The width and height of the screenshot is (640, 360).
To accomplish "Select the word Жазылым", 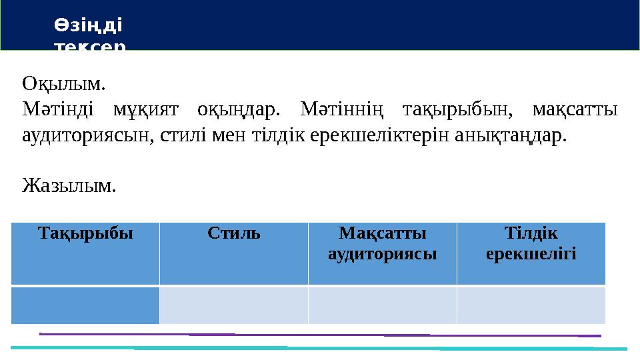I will (69, 185).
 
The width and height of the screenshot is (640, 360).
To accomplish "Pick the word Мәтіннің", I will (337, 109).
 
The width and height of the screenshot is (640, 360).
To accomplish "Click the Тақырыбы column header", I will (85, 234).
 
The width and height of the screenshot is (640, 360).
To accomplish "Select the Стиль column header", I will (233, 234).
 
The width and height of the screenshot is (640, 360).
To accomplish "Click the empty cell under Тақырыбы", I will (85, 305).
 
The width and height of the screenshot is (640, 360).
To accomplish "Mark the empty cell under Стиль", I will (233, 305).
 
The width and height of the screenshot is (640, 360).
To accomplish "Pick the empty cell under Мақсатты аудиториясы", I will (383, 305).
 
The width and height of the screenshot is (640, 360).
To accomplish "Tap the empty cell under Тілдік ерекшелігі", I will (531, 305).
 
